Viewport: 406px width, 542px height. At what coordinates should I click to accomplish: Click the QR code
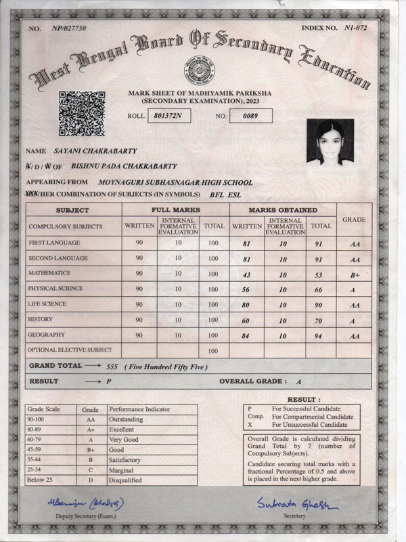tap(81, 113)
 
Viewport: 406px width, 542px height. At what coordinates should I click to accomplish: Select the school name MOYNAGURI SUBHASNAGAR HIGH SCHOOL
tap(175, 182)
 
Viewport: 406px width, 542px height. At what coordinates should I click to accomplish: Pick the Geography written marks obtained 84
tap(246, 336)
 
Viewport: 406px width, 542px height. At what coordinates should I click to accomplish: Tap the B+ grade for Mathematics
tap(354, 274)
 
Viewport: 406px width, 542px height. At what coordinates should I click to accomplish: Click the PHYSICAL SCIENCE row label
tap(55, 289)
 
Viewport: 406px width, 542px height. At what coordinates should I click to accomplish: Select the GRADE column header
tap(354, 220)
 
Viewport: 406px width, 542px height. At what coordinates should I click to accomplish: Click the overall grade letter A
tap(298, 382)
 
